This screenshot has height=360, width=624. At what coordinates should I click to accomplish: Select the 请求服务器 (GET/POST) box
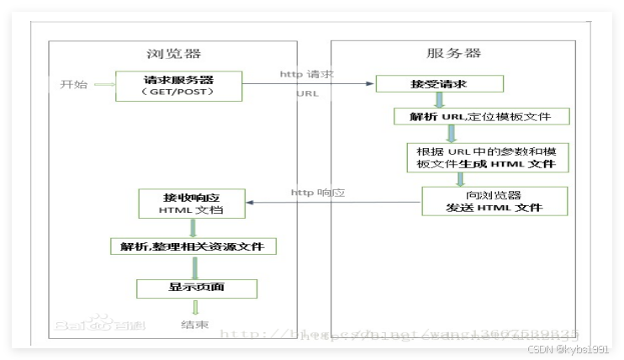[178, 85]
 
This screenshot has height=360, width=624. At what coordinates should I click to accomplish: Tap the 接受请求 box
[439, 84]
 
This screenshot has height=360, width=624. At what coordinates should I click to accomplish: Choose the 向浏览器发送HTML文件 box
[494, 202]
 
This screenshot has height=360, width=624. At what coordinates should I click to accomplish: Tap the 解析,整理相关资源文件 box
[193, 246]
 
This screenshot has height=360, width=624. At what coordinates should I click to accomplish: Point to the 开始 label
[74, 85]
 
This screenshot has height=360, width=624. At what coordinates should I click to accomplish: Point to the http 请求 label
[306, 75]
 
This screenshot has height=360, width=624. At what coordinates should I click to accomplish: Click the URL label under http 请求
[307, 93]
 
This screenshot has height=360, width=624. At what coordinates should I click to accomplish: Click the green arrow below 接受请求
[438, 100]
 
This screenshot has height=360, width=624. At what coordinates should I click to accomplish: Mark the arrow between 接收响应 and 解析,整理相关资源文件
[194, 227]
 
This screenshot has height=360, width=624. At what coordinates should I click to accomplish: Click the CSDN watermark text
[574, 348]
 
